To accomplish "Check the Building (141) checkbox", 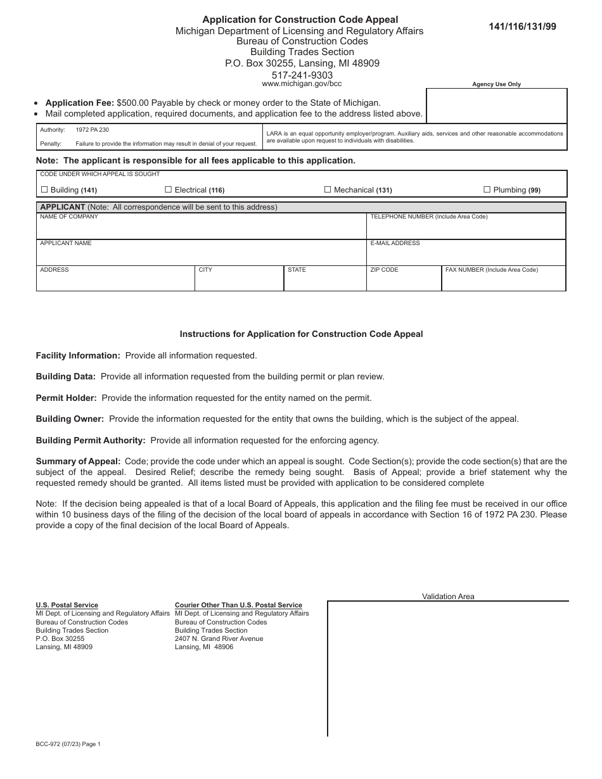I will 44,189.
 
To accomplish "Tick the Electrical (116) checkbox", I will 169,189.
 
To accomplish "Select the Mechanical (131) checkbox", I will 328,189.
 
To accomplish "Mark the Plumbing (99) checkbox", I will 487,189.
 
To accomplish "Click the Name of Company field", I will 200,229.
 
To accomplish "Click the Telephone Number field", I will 466,229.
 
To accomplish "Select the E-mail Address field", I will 466,256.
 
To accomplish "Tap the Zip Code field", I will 404,282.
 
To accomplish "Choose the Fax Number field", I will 503,282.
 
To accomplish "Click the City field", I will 239,282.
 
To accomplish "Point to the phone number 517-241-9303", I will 302,75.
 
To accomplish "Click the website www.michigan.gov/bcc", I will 302,84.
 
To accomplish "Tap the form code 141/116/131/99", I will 522,27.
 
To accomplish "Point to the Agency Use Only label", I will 496,84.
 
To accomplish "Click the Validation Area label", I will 448,597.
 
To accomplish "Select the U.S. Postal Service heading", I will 67,605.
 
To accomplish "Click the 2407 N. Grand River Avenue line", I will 219,638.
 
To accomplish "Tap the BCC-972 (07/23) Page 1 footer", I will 68,745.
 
